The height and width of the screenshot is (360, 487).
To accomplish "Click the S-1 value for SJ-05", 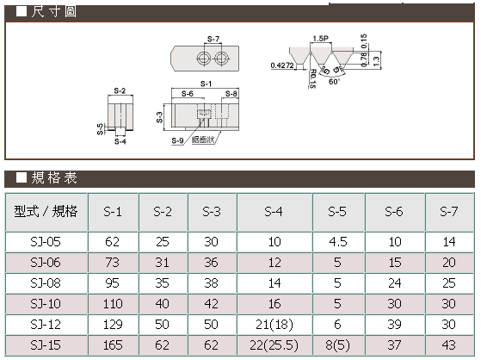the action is click(x=112, y=242).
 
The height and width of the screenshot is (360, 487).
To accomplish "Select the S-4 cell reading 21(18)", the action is click(x=274, y=325).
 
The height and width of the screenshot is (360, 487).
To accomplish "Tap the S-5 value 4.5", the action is click(x=338, y=242).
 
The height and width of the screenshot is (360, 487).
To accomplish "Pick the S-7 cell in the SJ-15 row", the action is click(x=449, y=345).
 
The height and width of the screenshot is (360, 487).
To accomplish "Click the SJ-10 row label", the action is click(x=46, y=304).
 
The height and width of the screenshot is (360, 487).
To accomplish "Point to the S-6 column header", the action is click(x=394, y=212).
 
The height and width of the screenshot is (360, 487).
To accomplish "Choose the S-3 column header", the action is click(x=212, y=212).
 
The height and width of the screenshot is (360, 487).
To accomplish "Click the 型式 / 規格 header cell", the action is click(x=46, y=211).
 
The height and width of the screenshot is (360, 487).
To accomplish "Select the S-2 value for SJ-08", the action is click(x=162, y=283).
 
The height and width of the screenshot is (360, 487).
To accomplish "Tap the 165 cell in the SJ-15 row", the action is click(x=113, y=345).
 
